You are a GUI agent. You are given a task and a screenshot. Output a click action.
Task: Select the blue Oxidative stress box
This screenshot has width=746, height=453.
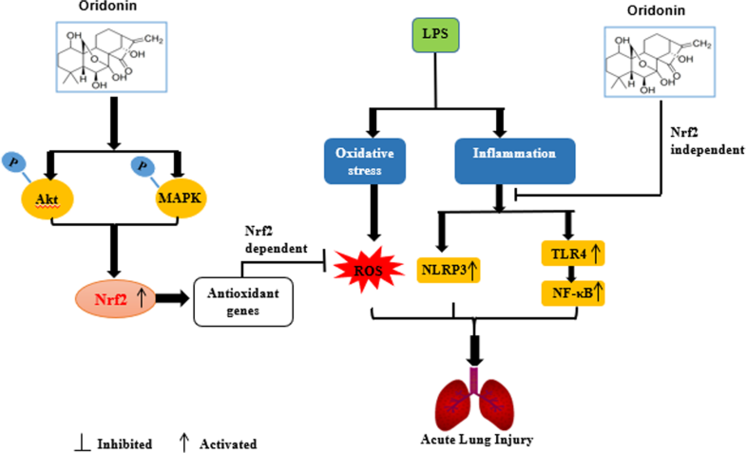[x=358, y=160]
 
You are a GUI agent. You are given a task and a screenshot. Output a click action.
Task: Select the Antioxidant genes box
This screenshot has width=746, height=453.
[x=241, y=301]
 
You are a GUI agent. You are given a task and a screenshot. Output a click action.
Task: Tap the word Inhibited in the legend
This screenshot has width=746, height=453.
[x=124, y=444]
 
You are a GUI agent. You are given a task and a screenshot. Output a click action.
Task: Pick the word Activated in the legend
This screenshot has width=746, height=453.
[x=228, y=444]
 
